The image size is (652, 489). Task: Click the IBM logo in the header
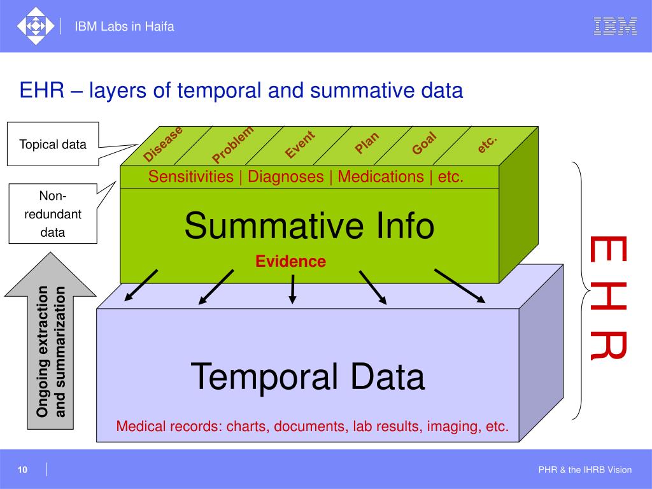pyautogui.click(x=615, y=26)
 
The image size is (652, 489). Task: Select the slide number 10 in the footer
pyautogui.click(x=22, y=470)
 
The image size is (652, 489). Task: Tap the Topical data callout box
pyautogui.click(x=53, y=145)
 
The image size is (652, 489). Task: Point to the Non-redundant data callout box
pyautogui.click(x=53, y=215)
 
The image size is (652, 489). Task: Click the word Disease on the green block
pyautogui.click(x=163, y=144)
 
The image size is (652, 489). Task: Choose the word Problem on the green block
pyautogui.click(x=233, y=145)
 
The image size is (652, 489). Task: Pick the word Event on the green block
pyautogui.click(x=300, y=145)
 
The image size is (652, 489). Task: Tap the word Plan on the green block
pyautogui.click(x=367, y=142)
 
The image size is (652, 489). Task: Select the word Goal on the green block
pyautogui.click(x=423, y=143)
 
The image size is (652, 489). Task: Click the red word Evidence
pyautogui.click(x=291, y=261)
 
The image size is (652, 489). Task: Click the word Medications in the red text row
pyautogui.click(x=381, y=177)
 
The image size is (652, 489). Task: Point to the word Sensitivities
pyautogui.click(x=191, y=177)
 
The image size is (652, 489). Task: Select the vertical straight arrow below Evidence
pyautogui.click(x=292, y=288)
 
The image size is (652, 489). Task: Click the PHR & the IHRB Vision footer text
pyautogui.click(x=585, y=470)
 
